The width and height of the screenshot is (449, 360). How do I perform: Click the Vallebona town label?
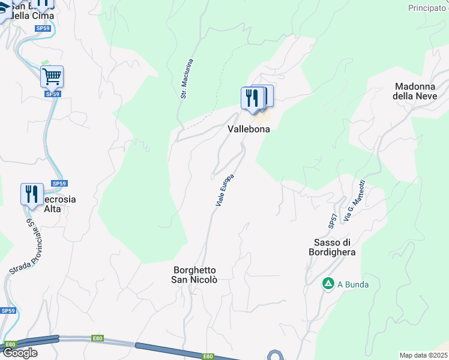point(249,129)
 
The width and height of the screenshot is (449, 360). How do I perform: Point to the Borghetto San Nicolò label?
point(194,275)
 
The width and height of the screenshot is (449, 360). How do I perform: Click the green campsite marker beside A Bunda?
point(328,284)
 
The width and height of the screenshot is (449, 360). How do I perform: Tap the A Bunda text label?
point(353,284)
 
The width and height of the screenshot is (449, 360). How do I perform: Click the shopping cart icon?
point(52,76)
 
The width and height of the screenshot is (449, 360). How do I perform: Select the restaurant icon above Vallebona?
point(253,97)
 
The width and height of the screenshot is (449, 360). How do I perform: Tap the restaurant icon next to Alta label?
point(31,194)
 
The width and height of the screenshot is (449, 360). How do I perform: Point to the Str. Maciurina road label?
point(187,78)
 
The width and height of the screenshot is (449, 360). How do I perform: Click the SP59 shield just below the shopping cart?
point(52,94)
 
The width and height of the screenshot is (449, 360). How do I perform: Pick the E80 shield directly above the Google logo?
point(10,344)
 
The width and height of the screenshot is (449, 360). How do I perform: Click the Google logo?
point(20,353)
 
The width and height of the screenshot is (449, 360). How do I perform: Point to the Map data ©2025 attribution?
point(423,355)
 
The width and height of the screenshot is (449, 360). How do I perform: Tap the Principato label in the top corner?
point(428,8)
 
